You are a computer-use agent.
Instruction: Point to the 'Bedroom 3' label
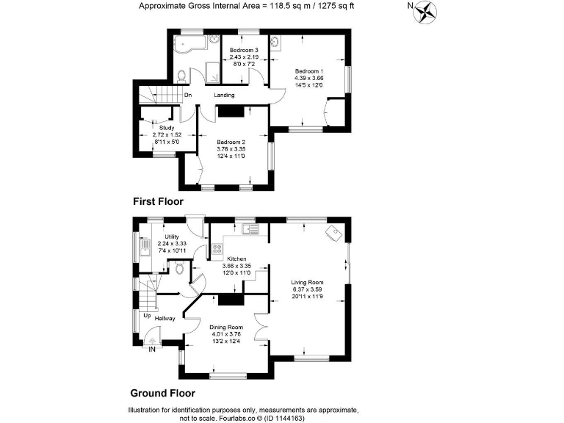[x=244, y=50]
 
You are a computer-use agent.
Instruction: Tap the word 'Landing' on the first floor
[x=225, y=95]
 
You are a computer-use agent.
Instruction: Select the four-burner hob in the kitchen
[x=217, y=249]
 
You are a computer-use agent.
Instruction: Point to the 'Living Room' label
[x=308, y=282]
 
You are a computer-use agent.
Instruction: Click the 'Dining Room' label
[x=225, y=327]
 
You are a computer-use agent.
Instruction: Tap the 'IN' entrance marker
[x=152, y=350]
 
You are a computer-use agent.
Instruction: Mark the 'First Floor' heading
[x=158, y=200]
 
